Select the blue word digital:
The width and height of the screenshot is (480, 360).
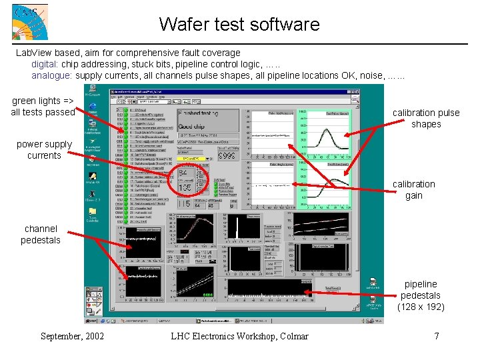[x=45, y=64]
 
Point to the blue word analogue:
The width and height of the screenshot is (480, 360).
[x=53, y=75]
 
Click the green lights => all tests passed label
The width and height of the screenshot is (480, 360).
[x=43, y=107]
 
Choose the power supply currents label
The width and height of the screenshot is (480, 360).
[x=44, y=149]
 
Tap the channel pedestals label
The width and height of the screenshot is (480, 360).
[x=41, y=234]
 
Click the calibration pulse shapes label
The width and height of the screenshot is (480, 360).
[x=426, y=118]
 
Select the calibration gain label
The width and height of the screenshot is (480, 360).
[x=413, y=189]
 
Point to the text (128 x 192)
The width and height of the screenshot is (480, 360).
[x=421, y=307]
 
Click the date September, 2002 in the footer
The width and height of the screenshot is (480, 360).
[x=72, y=336]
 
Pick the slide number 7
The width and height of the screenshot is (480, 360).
[x=437, y=336]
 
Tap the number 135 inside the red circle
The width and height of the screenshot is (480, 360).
[x=186, y=187]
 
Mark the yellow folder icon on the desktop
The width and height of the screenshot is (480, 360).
[x=93, y=212]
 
